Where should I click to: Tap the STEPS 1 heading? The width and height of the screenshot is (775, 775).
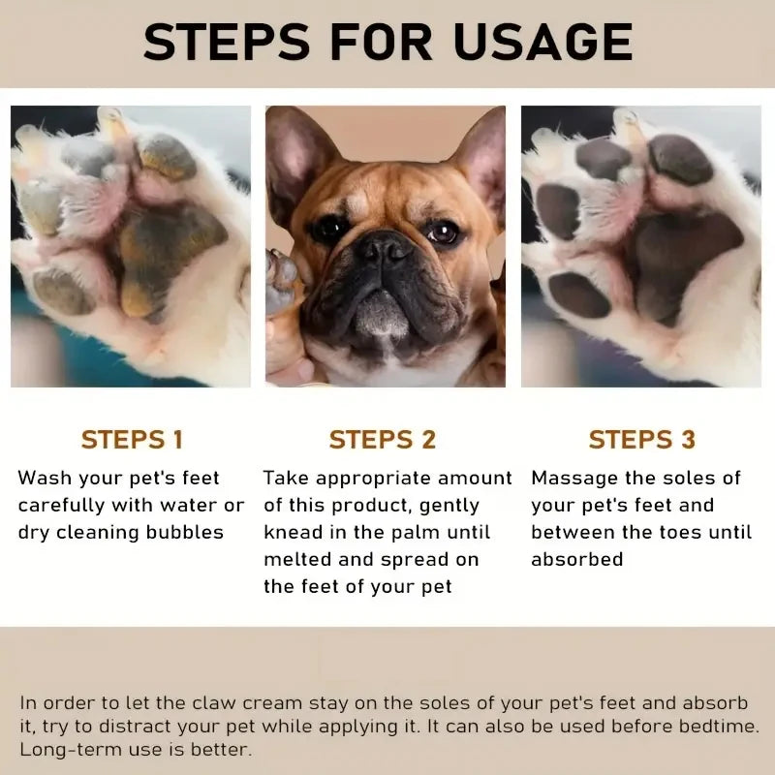(x=132, y=439)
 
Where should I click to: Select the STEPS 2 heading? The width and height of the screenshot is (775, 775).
(x=383, y=439)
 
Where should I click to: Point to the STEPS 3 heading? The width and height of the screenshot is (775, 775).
(x=641, y=439)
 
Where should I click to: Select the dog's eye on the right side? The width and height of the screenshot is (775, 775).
(x=445, y=232)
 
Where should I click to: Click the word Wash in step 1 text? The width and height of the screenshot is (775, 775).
(x=45, y=478)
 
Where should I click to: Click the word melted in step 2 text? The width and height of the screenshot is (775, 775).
(x=296, y=559)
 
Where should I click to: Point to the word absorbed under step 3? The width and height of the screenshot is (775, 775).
(x=576, y=559)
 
